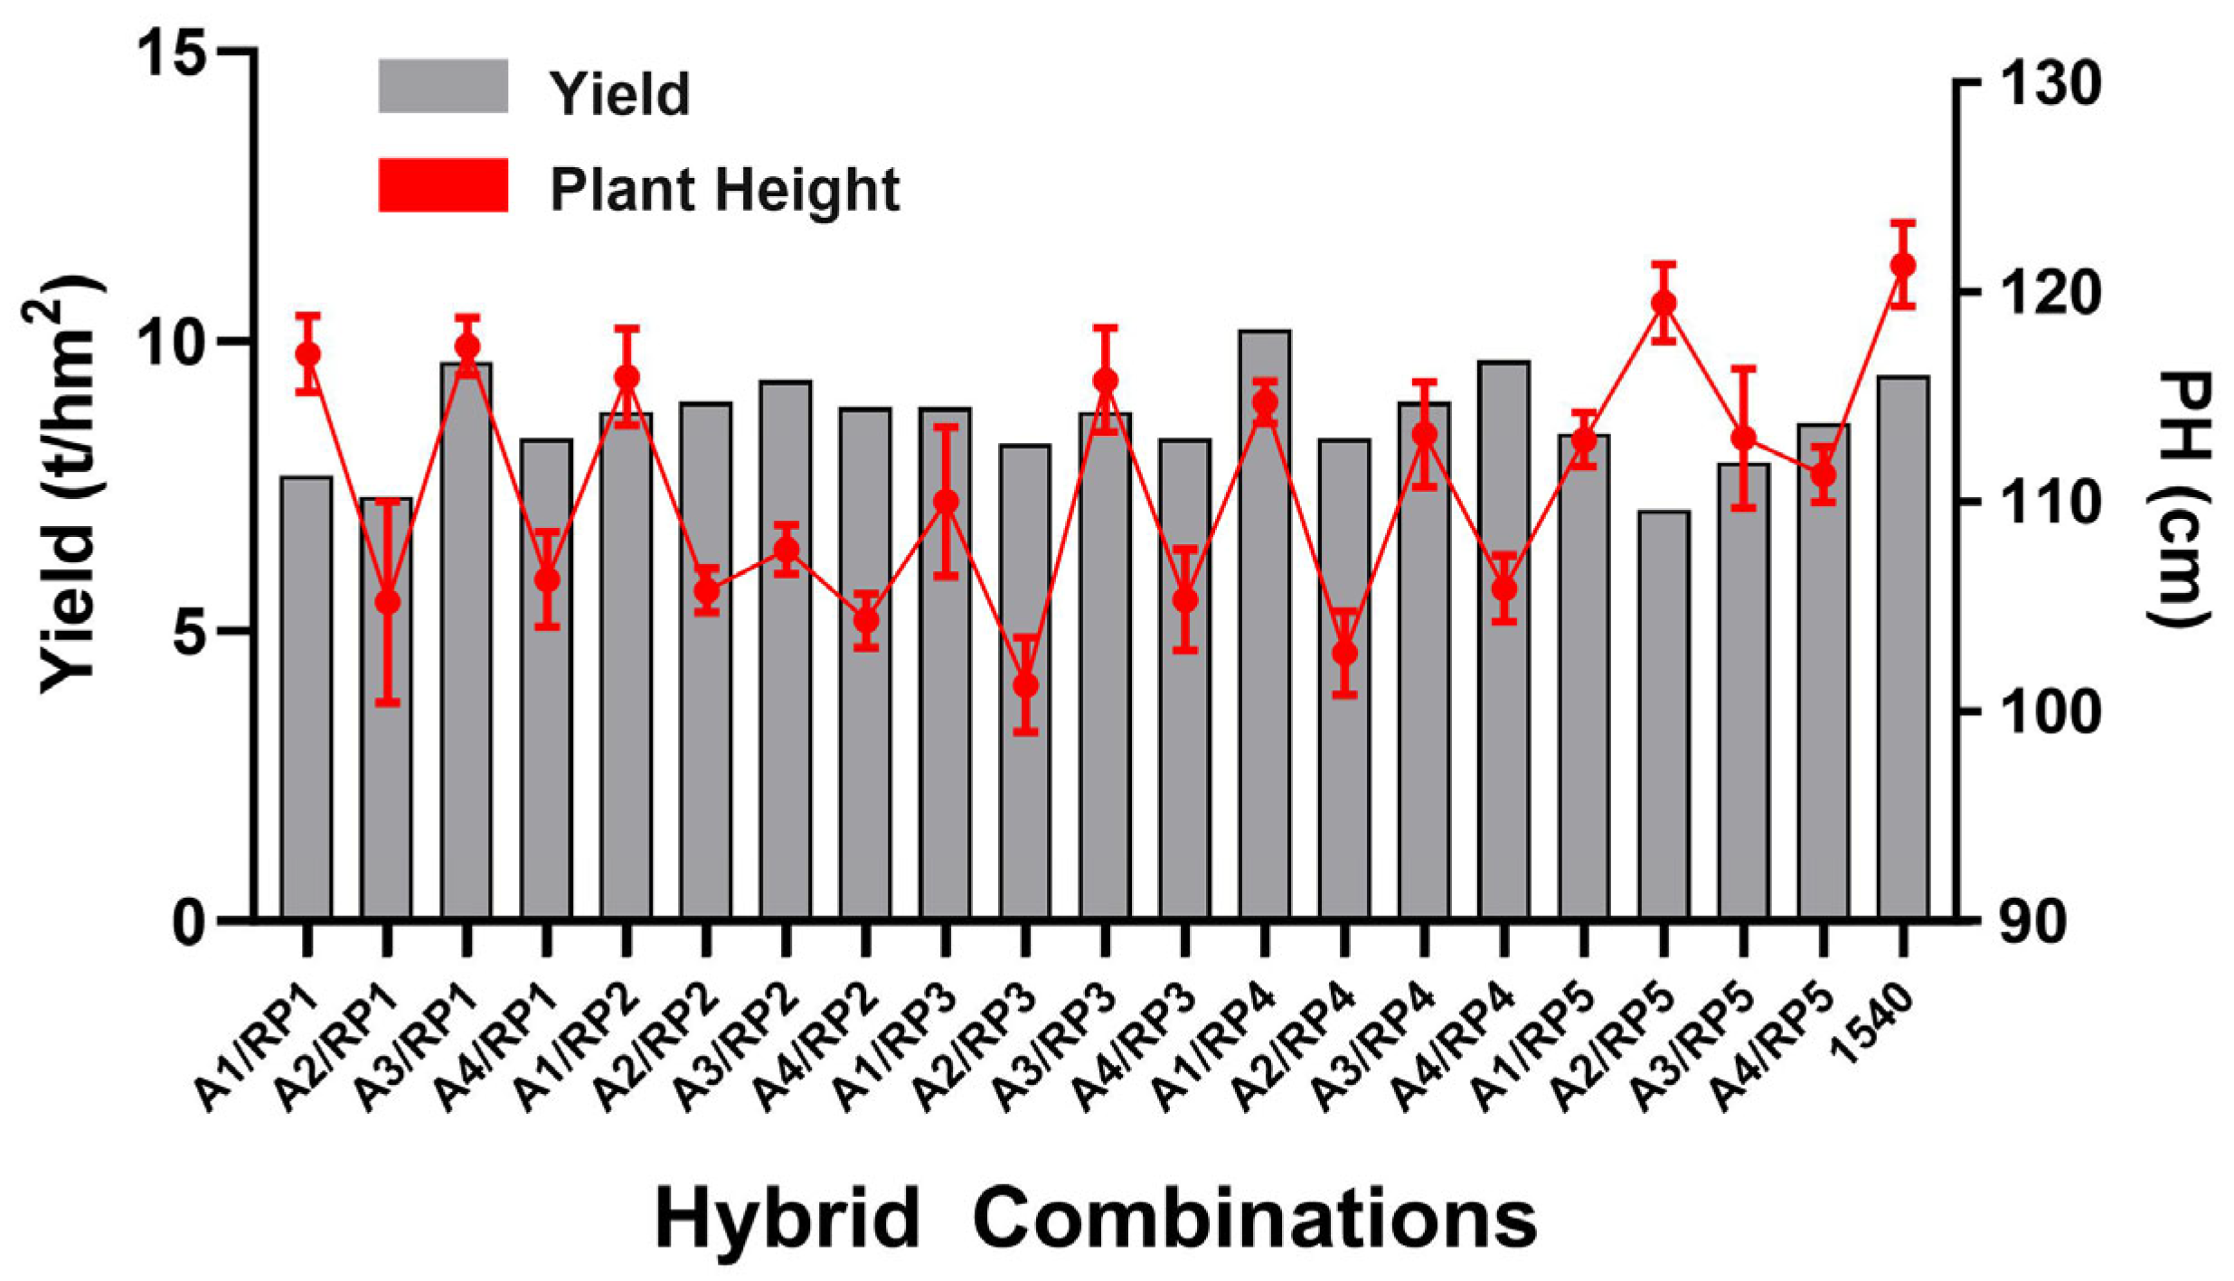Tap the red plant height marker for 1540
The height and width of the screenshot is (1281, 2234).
(x=1903, y=265)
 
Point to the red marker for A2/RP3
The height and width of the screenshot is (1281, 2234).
(x=1025, y=685)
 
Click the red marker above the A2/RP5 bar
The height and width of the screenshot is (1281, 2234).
(x=1664, y=303)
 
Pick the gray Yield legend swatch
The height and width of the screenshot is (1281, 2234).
(x=442, y=87)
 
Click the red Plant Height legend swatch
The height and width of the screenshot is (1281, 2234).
(x=442, y=185)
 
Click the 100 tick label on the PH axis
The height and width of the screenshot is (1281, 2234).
(x=2048, y=714)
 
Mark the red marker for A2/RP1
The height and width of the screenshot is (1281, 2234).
(x=387, y=602)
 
